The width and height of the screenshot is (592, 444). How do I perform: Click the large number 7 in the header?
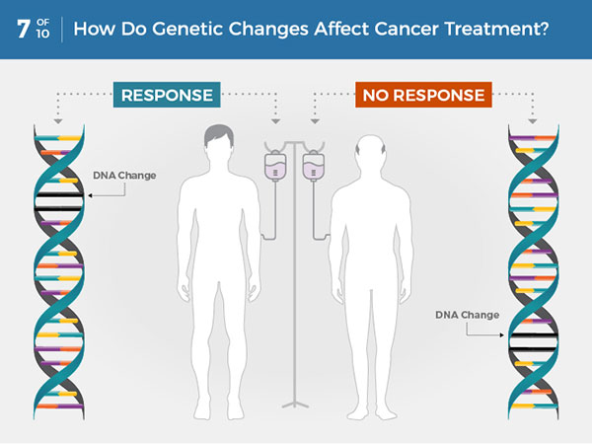click(22, 28)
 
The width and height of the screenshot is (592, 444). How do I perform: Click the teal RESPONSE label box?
click(167, 95)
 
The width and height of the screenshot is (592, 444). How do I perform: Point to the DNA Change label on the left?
click(123, 176)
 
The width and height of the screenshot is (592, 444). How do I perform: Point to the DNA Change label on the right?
click(467, 315)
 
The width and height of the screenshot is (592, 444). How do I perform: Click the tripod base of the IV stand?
click(294, 399)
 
